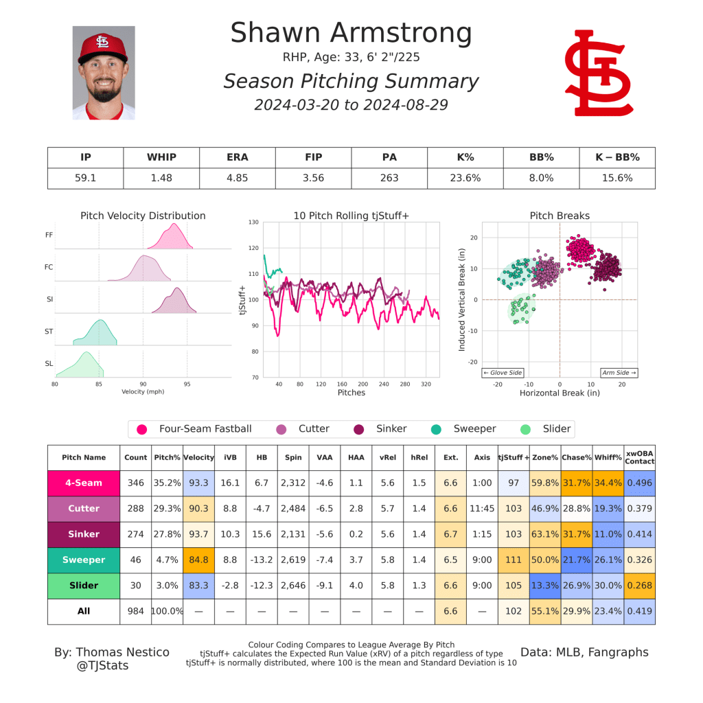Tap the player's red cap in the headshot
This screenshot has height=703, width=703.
click(x=103, y=46)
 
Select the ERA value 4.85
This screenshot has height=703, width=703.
click(x=237, y=178)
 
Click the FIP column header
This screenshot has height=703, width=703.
click(x=313, y=157)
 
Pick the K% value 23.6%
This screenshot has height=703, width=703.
click(x=465, y=178)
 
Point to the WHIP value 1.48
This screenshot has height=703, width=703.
click(x=161, y=178)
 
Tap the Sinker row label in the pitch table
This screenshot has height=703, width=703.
click(x=84, y=534)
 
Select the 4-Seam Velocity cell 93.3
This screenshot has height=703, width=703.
click(x=198, y=483)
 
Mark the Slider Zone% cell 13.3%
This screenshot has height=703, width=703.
click(x=544, y=586)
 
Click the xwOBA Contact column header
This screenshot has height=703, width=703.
click(x=639, y=457)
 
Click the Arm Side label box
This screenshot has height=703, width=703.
click(x=619, y=373)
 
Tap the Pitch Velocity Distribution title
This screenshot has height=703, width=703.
click(x=143, y=216)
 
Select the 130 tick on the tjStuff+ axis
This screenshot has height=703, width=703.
click(x=253, y=222)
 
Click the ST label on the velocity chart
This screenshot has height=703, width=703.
click(x=49, y=331)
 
